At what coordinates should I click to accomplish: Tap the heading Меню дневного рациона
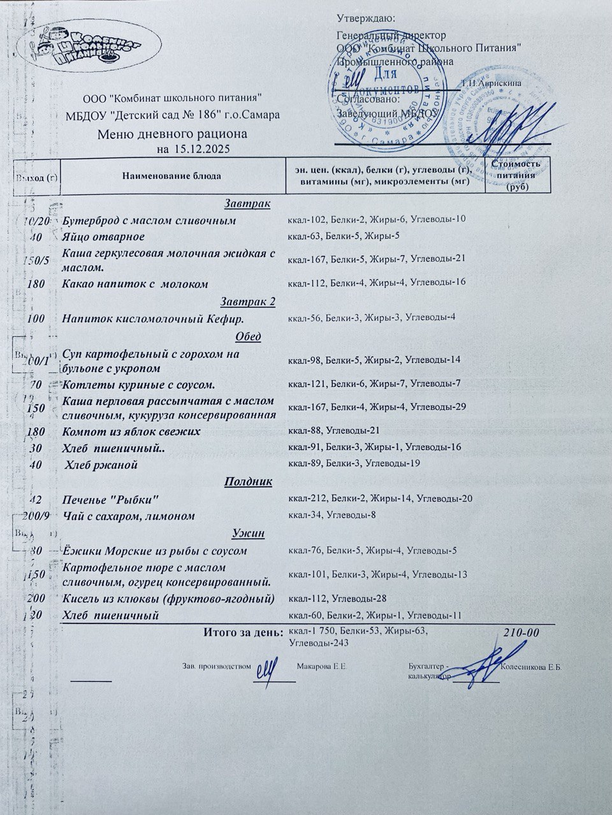tap(172, 134)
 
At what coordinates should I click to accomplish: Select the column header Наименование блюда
tap(172, 176)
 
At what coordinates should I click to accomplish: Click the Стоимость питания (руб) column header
tap(516, 175)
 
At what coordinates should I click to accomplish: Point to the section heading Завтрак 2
tap(248, 301)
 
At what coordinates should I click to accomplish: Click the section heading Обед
tap(248, 337)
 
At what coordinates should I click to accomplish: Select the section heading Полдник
tap(248, 481)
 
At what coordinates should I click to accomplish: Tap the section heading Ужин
tap(248, 533)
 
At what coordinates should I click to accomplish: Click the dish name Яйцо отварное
tap(103, 237)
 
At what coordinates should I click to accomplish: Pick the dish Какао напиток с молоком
tap(136, 284)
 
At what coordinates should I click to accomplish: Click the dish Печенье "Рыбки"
tap(110, 499)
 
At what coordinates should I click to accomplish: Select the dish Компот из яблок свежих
tap(131, 432)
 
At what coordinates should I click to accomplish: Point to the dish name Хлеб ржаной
tap(102, 465)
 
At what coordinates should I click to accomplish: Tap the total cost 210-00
tap(521, 633)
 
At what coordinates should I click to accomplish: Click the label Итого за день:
tap(243, 632)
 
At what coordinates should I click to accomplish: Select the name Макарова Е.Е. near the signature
tap(322, 667)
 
